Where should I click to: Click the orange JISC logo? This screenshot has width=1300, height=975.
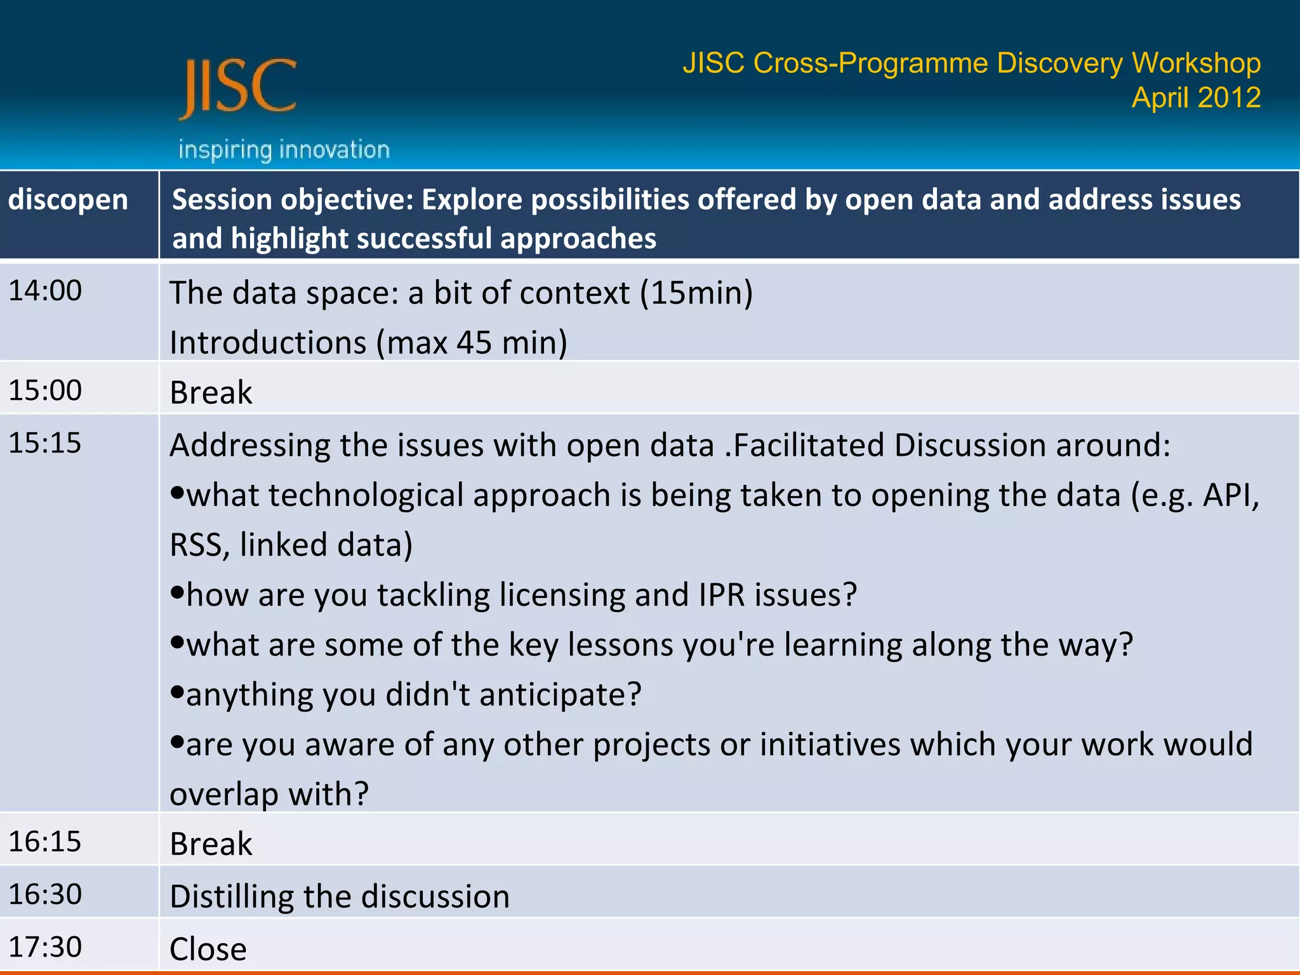238,88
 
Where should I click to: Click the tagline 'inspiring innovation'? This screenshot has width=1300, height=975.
284,150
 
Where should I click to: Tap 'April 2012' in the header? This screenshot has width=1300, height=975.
1195,98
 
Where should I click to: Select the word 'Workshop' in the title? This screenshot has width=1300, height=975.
1196,63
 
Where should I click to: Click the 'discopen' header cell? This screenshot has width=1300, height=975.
68,200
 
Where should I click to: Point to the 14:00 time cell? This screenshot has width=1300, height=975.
45,291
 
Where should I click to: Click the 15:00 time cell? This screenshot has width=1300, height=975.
45,390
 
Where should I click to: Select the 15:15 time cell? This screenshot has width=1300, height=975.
45,442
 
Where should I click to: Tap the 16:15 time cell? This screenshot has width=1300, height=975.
45,841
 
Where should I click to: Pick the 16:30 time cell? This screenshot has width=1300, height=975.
45,894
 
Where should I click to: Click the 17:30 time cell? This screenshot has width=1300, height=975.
45,946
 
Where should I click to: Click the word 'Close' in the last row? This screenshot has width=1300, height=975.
208,949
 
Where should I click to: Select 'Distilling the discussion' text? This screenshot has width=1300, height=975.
340,896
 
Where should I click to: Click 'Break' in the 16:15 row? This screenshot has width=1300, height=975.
211,844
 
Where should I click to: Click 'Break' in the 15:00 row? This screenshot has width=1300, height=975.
211,392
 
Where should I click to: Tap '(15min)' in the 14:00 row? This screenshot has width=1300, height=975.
696,293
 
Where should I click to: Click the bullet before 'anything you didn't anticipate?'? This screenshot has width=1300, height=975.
177,691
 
